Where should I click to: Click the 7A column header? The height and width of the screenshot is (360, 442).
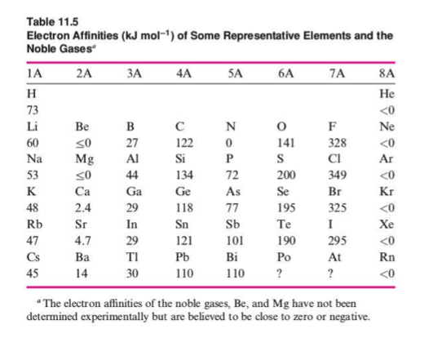coord(330,73)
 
